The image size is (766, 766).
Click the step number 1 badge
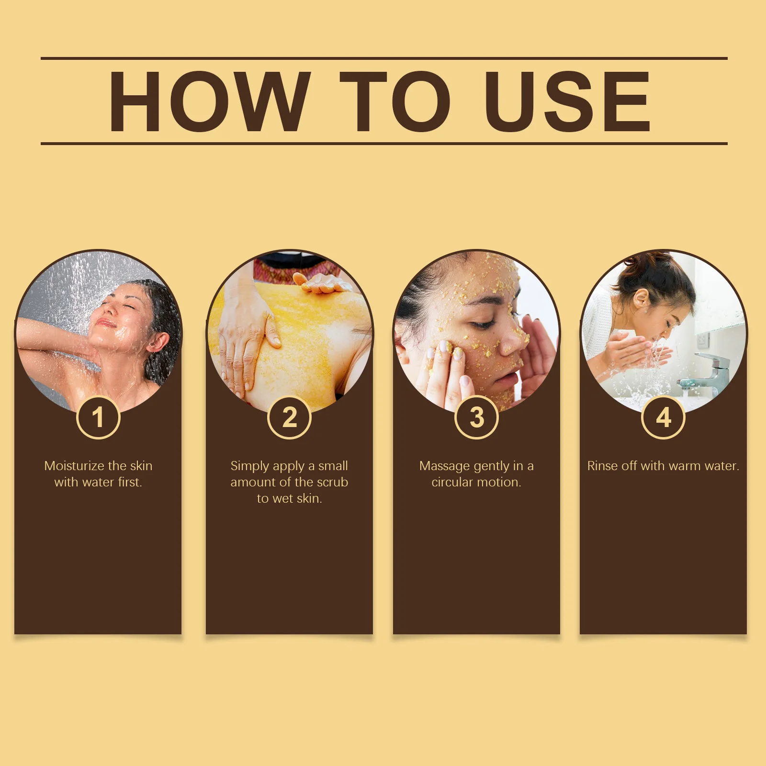pos(98,417)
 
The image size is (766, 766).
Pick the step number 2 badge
pos(289,417)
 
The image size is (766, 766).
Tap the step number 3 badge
pos(476,417)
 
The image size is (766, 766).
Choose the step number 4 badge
pos(663,417)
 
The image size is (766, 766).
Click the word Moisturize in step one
pos(74,466)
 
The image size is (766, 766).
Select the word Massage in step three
pos(444,466)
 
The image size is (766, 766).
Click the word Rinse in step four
pos(603,466)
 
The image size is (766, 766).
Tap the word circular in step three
pos(452,482)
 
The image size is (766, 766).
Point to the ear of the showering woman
pos(158,342)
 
